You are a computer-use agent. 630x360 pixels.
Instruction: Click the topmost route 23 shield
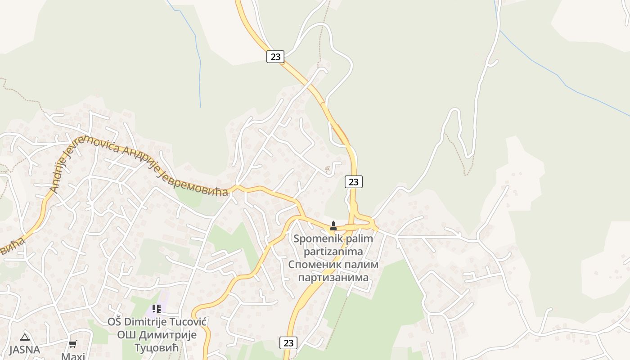[275, 57]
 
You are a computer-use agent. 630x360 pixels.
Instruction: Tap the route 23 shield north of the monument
[354, 182]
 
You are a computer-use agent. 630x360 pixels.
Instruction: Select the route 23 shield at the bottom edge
[288, 343]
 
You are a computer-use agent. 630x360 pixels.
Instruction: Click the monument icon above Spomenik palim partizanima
[333, 225]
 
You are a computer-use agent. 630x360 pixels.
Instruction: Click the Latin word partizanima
[333, 251]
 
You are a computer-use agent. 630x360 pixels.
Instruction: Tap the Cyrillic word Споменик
[313, 264]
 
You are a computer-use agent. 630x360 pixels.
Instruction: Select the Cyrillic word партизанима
[333, 277]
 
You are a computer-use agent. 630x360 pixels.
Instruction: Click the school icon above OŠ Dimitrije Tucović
[156, 309]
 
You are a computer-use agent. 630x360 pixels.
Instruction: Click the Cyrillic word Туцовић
[157, 347]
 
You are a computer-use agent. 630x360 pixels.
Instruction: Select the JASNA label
[25, 349]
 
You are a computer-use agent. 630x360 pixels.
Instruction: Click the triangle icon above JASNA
[25, 337]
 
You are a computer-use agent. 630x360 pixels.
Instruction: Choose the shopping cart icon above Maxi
[72, 344]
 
